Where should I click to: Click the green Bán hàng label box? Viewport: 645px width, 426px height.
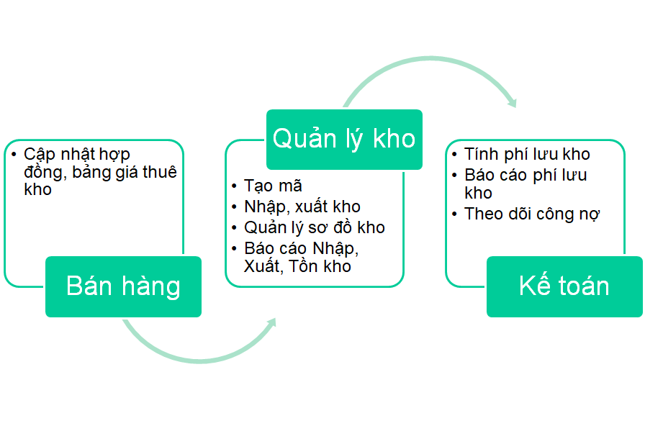pos(123,286)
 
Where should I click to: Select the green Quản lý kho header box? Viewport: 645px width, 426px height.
pos(344,138)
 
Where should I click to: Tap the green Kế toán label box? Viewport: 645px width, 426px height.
pos(564,286)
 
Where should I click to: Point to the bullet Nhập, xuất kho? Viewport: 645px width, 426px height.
pos(302,207)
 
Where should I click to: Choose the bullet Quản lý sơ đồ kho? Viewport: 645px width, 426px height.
pos(314,227)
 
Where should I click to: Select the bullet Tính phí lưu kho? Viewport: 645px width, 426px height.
pos(527,154)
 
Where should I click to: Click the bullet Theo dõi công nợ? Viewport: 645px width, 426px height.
pos(532,214)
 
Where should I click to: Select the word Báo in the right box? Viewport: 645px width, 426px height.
pos(481,175)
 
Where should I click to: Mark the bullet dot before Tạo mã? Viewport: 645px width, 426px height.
pos(235,186)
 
